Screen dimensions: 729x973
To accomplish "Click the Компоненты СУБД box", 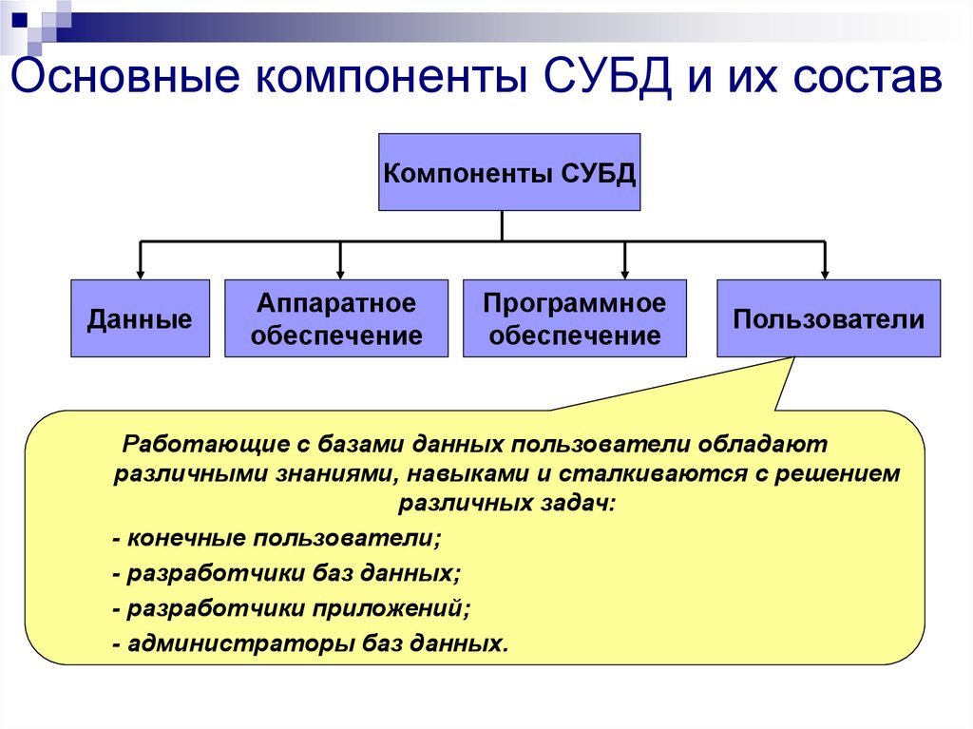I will (x=509, y=172).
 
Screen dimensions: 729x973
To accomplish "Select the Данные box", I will (x=140, y=318).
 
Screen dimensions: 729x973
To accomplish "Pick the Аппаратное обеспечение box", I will (x=336, y=318).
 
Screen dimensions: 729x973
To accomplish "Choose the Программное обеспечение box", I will (x=574, y=318).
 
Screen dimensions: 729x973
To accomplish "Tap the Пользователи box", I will (x=829, y=318).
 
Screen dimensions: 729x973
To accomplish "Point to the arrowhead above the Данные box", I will (x=141, y=271).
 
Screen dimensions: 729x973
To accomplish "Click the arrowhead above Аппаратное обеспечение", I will (x=340, y=271).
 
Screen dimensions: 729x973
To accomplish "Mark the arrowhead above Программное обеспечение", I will (x=625, y=271).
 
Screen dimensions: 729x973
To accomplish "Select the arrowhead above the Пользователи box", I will (x=825, y=271).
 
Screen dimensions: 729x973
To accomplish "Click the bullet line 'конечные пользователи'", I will (x=277, y=538).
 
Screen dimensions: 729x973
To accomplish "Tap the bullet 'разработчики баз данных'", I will (x=286, y=574).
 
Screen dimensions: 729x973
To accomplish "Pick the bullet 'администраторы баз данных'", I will (x=310, y=643).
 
